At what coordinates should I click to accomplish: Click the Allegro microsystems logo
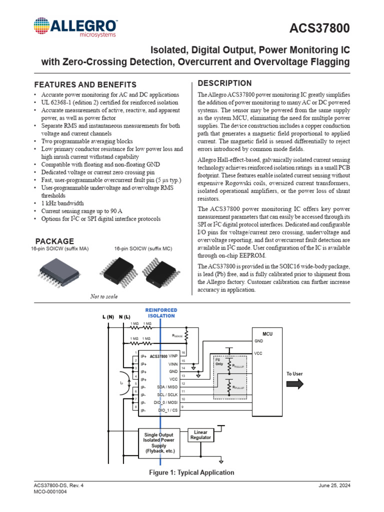click(x=75, y=27)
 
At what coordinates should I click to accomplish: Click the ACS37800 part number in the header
click(x=320, y=29)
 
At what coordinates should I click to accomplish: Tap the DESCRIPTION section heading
click(x=225, y=83)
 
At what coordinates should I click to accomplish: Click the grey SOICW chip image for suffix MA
click(x=59, y=272)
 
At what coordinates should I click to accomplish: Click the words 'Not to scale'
click(x=104, y=296)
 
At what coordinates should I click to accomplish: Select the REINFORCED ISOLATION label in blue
click(x=160, y=313)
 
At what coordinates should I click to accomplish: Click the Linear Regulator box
click(x=200, y=434)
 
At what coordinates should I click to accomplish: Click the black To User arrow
click(x=294, y=384)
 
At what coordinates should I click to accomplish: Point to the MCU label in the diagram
click(x=267, y=333)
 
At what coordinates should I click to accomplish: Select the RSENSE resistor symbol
click(x=186, y=336)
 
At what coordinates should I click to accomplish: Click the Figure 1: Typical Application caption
click(x=192, y=472)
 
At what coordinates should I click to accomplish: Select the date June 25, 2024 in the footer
click(x=333, y=485)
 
